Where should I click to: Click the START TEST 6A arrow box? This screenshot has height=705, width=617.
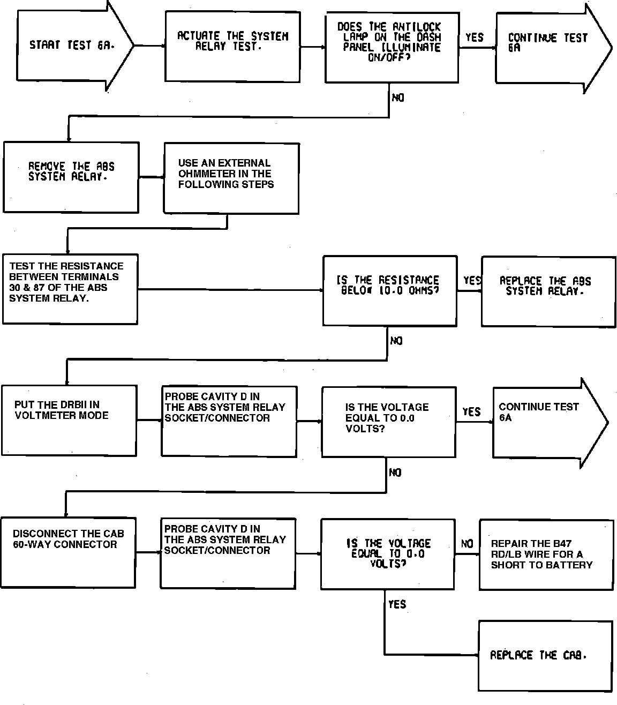pos(70,46)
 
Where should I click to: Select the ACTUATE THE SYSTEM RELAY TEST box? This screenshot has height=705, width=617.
pos(232,47)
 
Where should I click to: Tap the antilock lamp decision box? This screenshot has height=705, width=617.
pos(392,48)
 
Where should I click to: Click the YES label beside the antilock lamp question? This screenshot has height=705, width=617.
pos(474,37)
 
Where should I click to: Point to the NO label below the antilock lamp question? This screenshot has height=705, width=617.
pos(398,98)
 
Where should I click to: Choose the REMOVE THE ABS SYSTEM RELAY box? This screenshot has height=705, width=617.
pos(71,177)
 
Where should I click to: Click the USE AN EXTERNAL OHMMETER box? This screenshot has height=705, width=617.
pos(231,178)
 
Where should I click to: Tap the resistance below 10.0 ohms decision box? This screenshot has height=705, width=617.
pos(389,290)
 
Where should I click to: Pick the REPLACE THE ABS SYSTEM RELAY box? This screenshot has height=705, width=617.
pos(547,291)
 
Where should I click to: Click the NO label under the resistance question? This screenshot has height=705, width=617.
pos(396,341)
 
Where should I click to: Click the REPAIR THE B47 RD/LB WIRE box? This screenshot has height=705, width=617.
pos(546,554)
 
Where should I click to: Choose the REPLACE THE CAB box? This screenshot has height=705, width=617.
pos(545,656)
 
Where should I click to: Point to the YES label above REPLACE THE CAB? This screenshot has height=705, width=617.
pos(397,604)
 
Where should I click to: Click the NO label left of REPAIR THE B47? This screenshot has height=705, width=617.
pos(467,544)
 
